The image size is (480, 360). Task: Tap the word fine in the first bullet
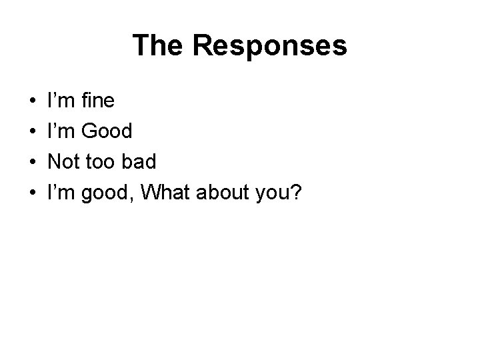click(x=97, y=101)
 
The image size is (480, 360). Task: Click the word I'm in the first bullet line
click(x=60, y=101)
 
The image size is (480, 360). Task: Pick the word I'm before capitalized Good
click(x=60, y=132)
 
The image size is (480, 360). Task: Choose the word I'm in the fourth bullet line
click(x=60, y=193)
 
